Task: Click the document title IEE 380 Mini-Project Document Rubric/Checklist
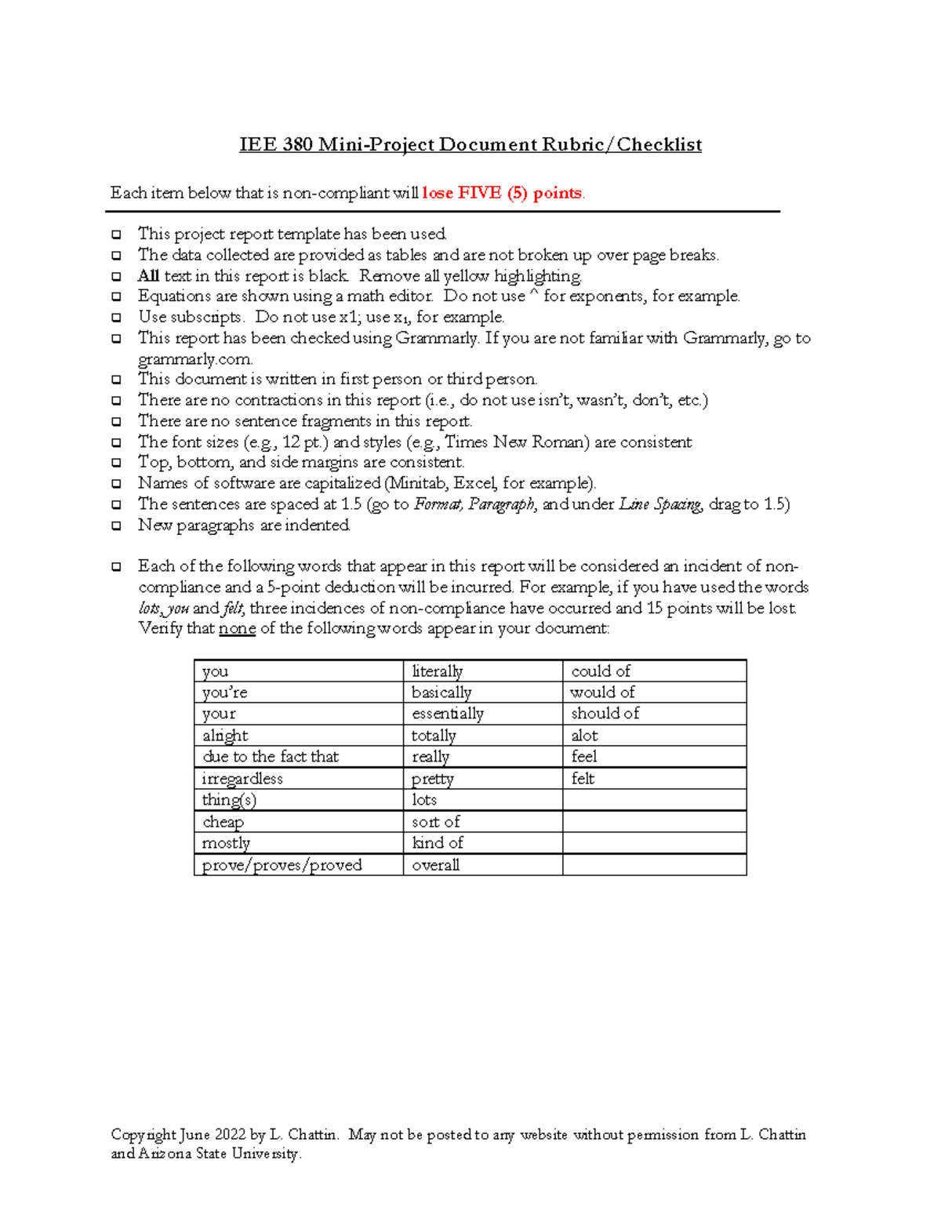click(x=470, y=145)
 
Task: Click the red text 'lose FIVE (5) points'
click(x=503, y=193)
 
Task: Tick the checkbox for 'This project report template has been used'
click(x=116, y=235)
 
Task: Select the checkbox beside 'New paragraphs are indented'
click(x=116, y=525)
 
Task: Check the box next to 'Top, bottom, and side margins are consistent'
click(x=116, y=463)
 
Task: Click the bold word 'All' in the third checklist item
click(x=148, y=276)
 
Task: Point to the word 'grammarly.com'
click(x=195, y=359)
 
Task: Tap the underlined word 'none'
click(x=237, y=629)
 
